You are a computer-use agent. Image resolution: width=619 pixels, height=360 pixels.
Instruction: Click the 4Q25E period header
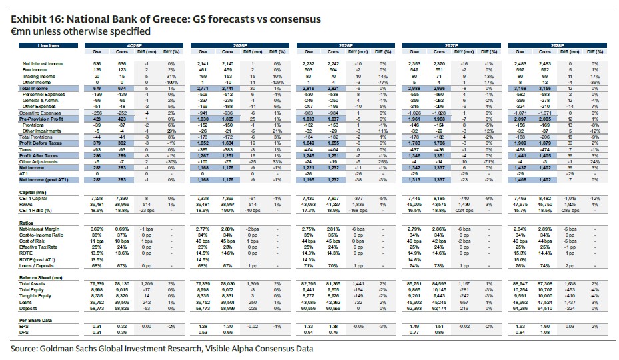(136, 46)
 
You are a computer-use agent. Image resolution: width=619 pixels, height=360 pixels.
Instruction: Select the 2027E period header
(454, 46)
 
